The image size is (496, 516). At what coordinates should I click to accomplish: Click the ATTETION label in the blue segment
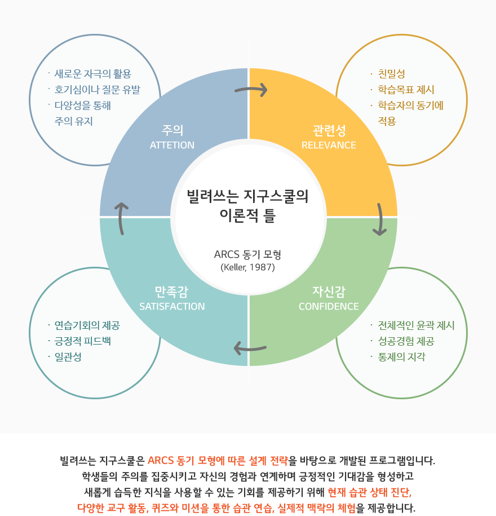(x=172, y=145)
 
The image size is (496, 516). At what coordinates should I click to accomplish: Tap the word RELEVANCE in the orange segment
(x=329, y=145)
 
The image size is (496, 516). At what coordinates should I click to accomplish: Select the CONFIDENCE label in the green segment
(x=329, y=306)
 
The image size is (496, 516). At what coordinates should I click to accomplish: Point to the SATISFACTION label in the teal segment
(x=172, y=306)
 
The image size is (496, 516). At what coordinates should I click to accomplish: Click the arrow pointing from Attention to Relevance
(x=251, y=89)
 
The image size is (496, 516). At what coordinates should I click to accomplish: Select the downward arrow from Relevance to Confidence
(x=381, y=219)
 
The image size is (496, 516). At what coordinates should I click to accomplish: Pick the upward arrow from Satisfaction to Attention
(x=121, y=218)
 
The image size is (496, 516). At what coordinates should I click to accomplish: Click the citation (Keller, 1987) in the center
(x=247, y=267)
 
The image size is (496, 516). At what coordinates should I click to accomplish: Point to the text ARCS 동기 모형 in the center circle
(x=247, y=254)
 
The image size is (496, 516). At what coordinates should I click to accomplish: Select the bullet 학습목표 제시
(x=406, y=90)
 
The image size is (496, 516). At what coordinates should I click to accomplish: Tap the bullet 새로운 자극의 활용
(x=93, y=74)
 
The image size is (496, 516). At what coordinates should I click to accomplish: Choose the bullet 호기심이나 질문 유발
(x=98, y=90)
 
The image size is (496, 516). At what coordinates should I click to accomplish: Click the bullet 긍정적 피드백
(x=82, y=341)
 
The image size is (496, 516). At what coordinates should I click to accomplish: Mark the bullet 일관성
(x=68, y=357)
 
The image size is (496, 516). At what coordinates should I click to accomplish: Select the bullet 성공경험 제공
(x=406, y=341)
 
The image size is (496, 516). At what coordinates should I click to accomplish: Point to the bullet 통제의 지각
(x=402, y=357)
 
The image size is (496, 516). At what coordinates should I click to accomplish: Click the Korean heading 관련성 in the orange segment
(x=329, y=130)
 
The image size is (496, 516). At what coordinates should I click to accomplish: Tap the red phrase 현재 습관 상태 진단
(x=370, y=492)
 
